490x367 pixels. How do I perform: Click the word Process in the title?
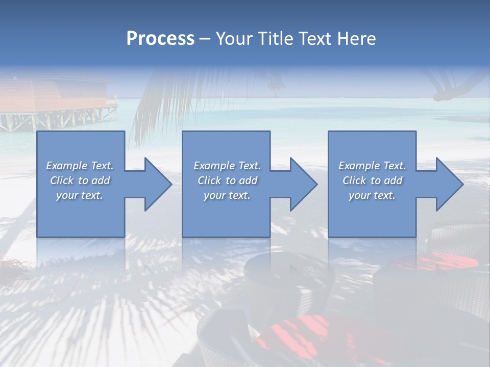click(x=160, y=39)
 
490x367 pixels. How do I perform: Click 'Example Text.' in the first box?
click(x=80, y=166)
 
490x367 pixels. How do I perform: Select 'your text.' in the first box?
click(x=80, y=195)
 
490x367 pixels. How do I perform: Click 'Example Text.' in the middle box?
click(x=227, y=166)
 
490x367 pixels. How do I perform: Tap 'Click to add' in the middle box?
click(x=227, y=180)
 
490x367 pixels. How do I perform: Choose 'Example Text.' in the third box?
click(x=372, y=166)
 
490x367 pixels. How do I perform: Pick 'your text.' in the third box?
click(x=372, y=195)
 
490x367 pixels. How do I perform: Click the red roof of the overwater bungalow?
click(x=56, y=97)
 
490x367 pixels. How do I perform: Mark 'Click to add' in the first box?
click(x=80, y=180)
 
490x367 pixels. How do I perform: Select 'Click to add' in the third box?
click(x=372, y=180)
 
